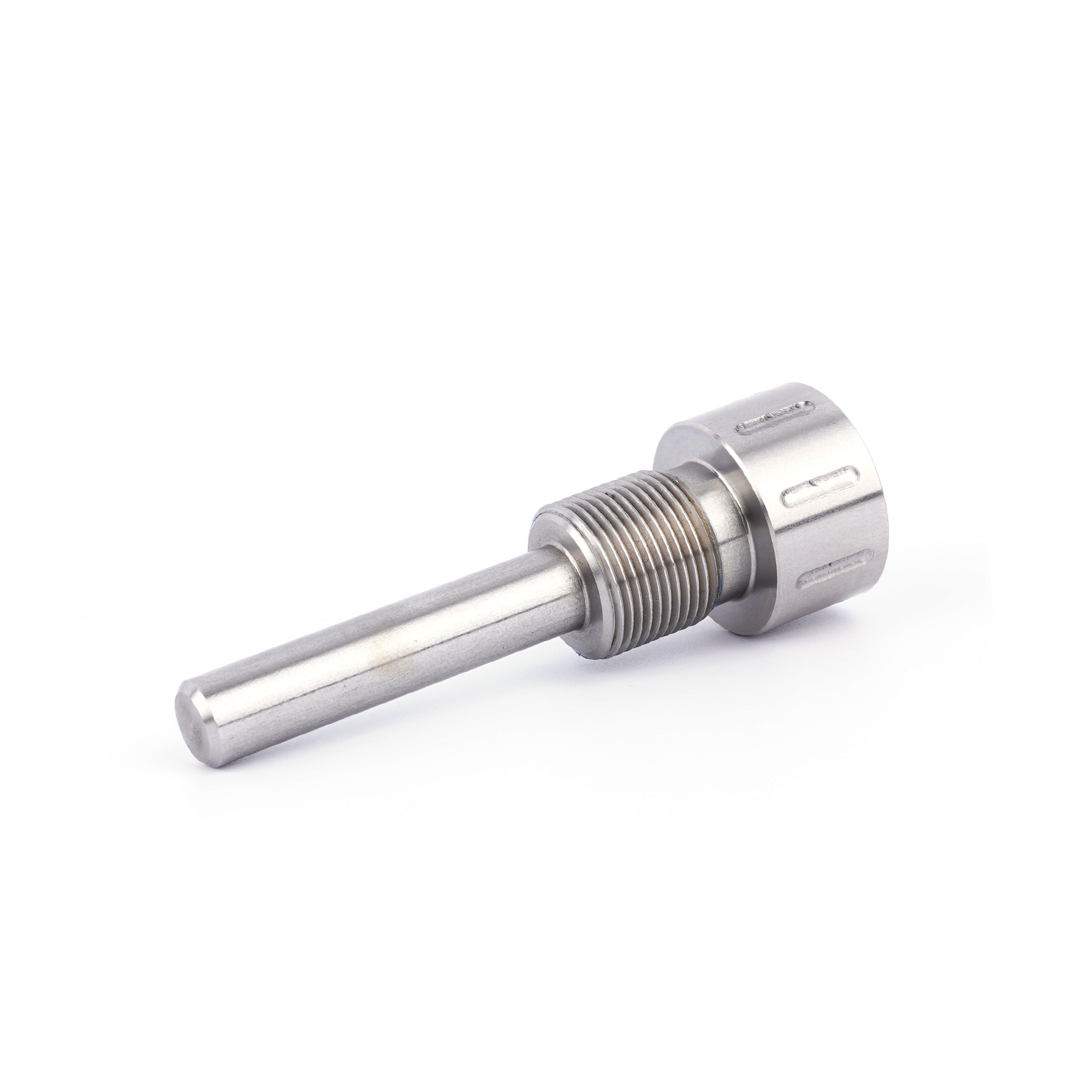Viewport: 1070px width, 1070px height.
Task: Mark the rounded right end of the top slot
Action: (809, 406)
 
